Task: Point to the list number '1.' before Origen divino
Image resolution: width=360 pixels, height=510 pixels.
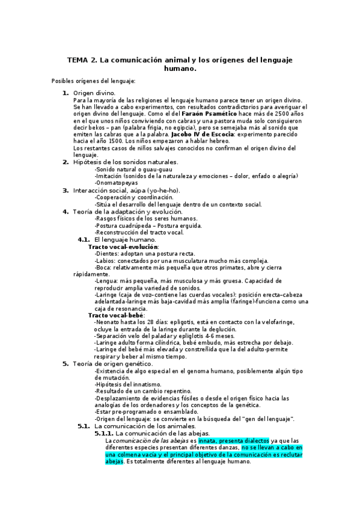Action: pos(66,93)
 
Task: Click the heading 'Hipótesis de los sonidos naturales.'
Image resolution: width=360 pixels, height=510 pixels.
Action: pos(125,162)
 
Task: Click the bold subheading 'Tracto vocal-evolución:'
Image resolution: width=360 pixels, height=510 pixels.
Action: pos(123,247)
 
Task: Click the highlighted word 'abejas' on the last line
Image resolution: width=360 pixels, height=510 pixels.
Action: pos(114,461)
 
